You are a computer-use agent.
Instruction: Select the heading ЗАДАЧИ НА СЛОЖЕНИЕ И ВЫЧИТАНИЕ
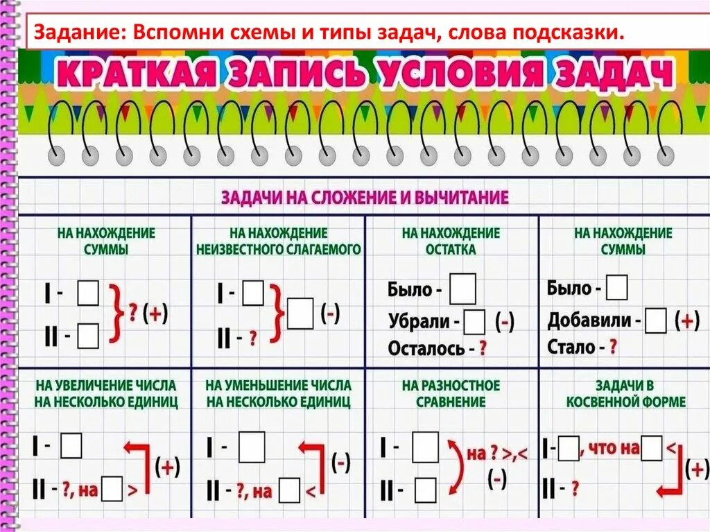pos(365,198)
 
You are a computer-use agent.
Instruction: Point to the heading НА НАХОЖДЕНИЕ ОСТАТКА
pos(451,241)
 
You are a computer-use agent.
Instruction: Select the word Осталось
pos(426,348)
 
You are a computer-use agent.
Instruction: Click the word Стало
pos(571,346)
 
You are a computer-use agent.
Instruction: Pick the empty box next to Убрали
pos(475,323)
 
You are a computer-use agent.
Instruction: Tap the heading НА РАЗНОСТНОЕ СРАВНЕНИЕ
pos(451,393)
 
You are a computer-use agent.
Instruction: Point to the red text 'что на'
pos(610,449)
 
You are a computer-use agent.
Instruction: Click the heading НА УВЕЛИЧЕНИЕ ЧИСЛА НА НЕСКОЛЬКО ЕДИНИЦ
pos(104,393)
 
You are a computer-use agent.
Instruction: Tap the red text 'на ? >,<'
pos(496,454)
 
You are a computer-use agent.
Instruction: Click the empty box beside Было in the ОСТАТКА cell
pos(462,289)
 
